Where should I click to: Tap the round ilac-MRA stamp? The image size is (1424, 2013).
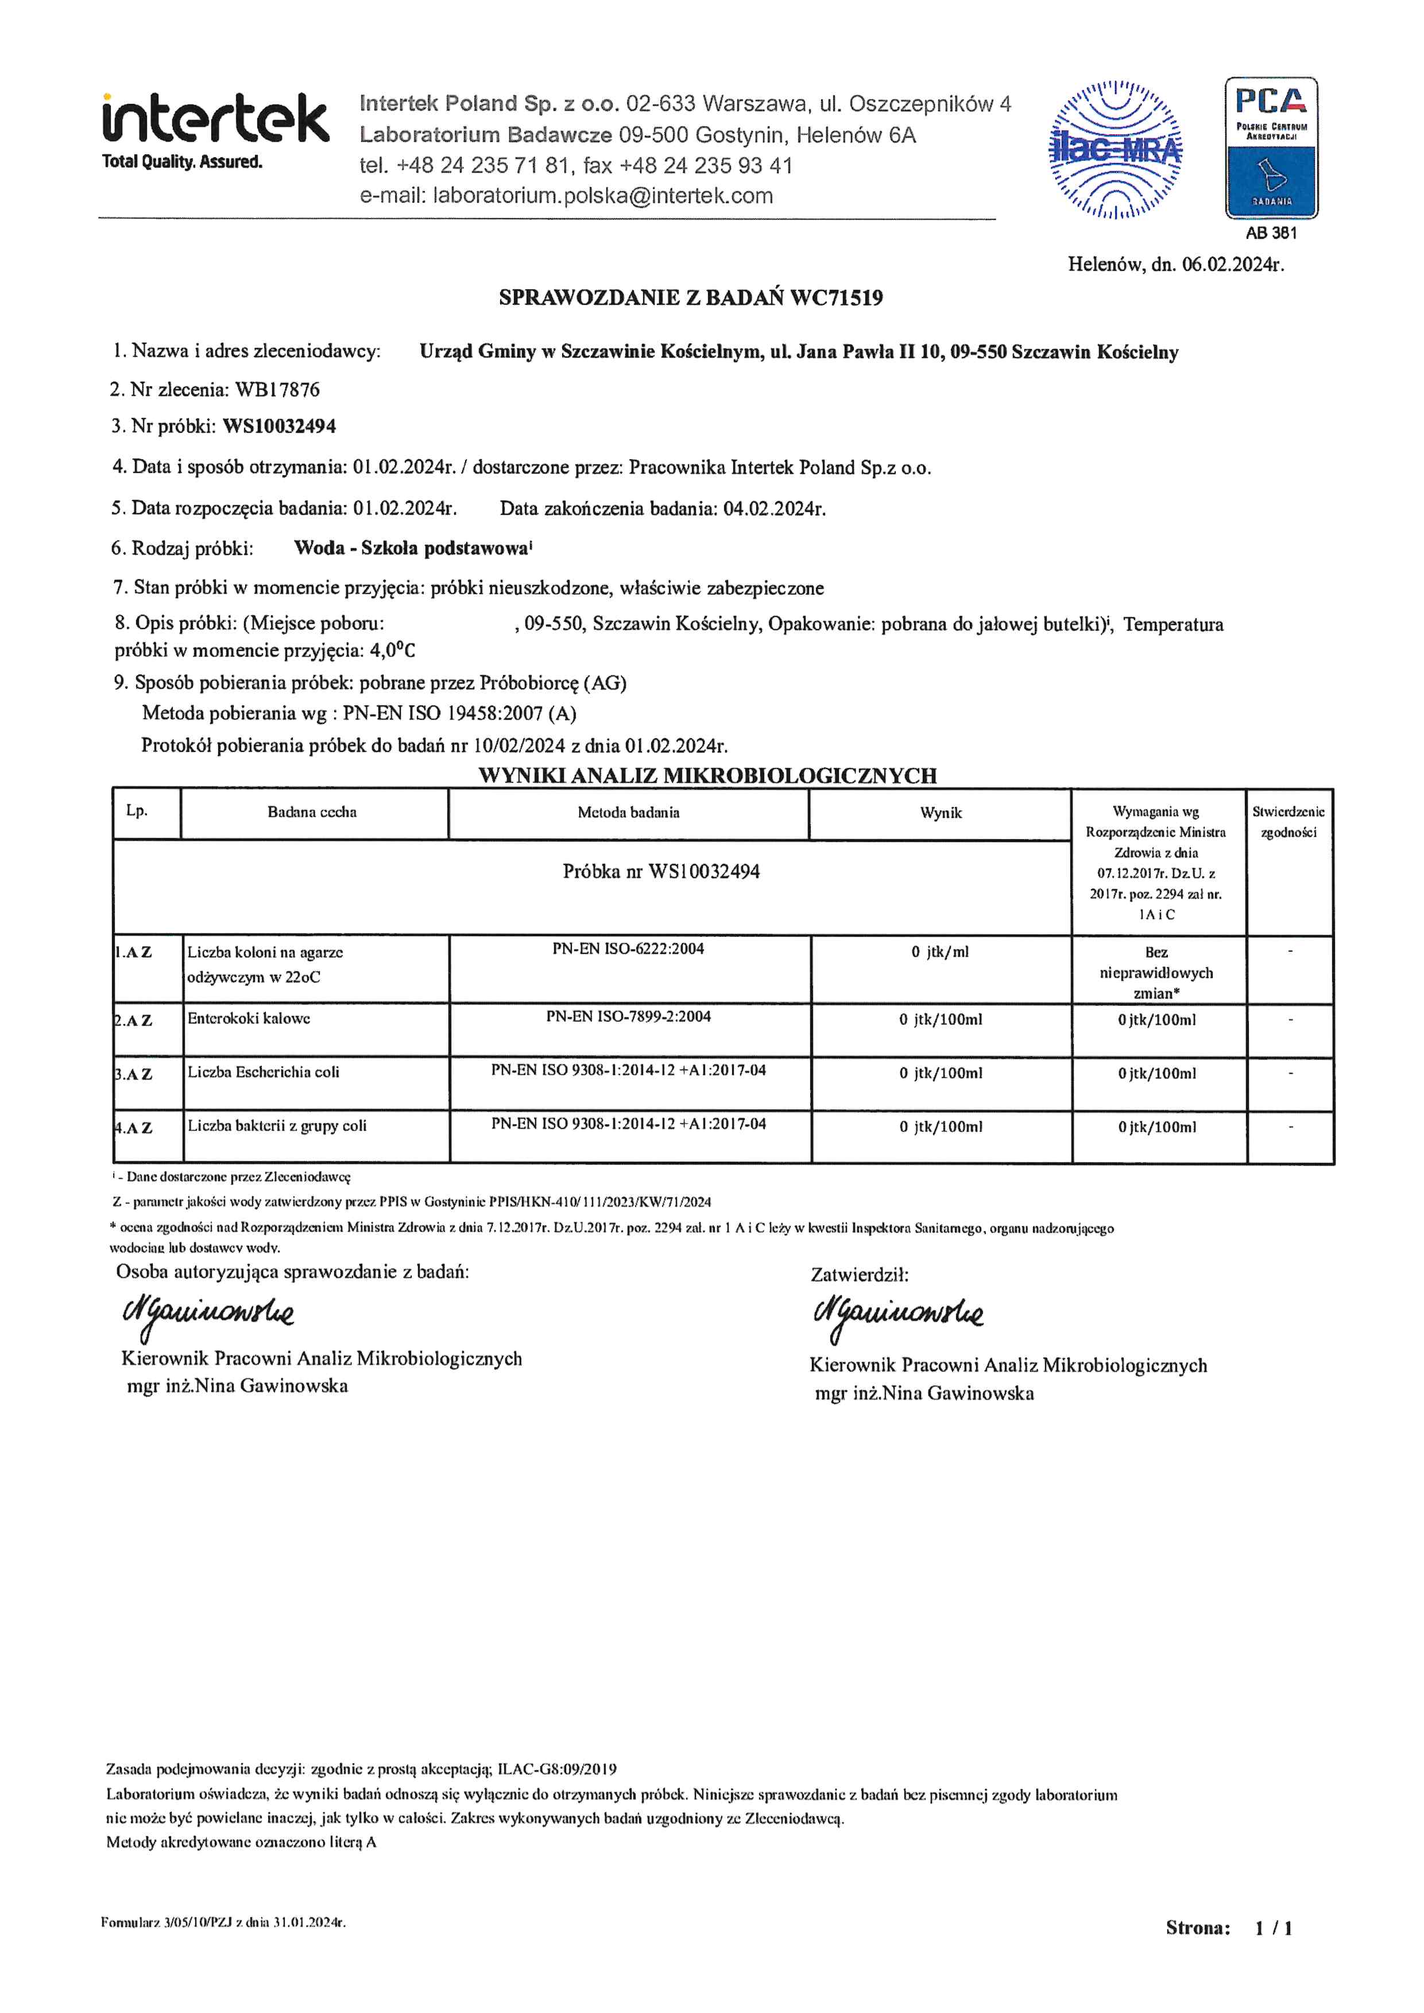pos(1115,150)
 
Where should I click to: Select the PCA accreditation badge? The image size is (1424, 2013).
pos(1271,148)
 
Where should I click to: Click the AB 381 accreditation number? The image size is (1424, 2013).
pos(1271,233)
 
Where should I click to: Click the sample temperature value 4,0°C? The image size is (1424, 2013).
pos(392,650)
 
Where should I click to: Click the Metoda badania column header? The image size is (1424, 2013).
pos(628,813)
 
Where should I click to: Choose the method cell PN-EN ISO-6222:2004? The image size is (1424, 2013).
pos(628,949)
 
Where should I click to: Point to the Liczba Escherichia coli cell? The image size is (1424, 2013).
pos(263,1072)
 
